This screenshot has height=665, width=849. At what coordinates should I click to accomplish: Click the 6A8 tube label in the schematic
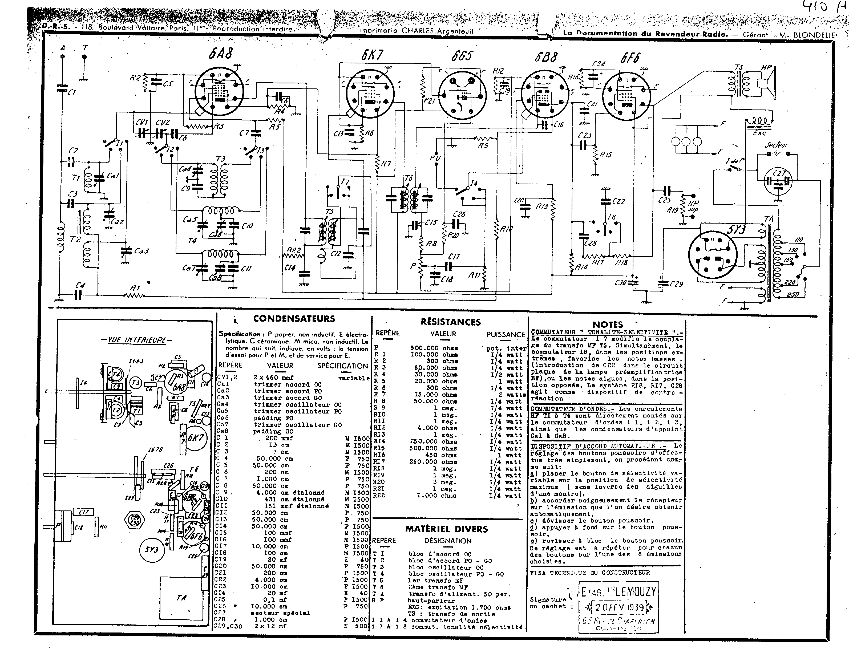click(220, 53)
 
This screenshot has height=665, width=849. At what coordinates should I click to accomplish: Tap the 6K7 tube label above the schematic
click(372, 56)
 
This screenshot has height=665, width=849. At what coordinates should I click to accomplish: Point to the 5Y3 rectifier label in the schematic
click(736, 230)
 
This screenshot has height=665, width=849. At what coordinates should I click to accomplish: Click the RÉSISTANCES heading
click(451, 322)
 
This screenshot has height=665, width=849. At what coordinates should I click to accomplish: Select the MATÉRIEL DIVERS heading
click(446, 529)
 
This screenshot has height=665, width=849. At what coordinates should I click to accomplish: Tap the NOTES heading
click(608, 324)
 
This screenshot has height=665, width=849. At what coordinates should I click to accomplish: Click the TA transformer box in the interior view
click(181, 598)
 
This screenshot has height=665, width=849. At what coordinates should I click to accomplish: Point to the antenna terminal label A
click(63, 48)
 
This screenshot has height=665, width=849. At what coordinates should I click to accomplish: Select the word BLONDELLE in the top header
click(815, 35)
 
